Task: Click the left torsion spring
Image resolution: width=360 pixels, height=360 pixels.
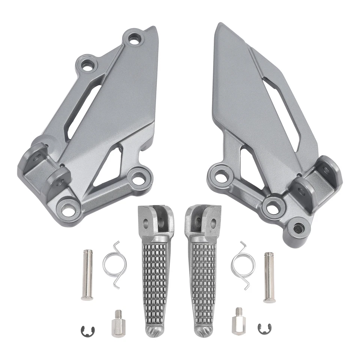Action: pyautogui.click(x=115, y=264)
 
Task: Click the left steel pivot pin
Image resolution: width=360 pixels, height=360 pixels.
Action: pyautogui.click(x=87, y=275)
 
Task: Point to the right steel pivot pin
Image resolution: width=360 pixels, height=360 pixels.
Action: pyautogui.click(x=269, y=277)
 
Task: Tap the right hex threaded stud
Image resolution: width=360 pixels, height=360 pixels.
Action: pyautogui.click(x=238, y=323)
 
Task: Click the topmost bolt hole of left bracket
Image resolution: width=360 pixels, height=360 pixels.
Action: pyautogui.click(x=134, y=38)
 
